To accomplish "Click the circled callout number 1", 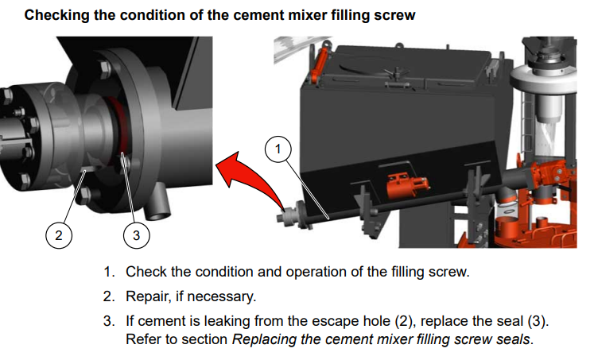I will click(x=278, y=149).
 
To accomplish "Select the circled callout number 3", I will click(x=137, y=234).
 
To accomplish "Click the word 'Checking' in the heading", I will click(x=59, y=15).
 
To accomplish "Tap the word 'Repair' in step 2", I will click(x=147, y=296).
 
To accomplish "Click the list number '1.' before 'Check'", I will click(x=109, y=272).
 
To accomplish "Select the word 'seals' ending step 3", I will click(x=513, y=340).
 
